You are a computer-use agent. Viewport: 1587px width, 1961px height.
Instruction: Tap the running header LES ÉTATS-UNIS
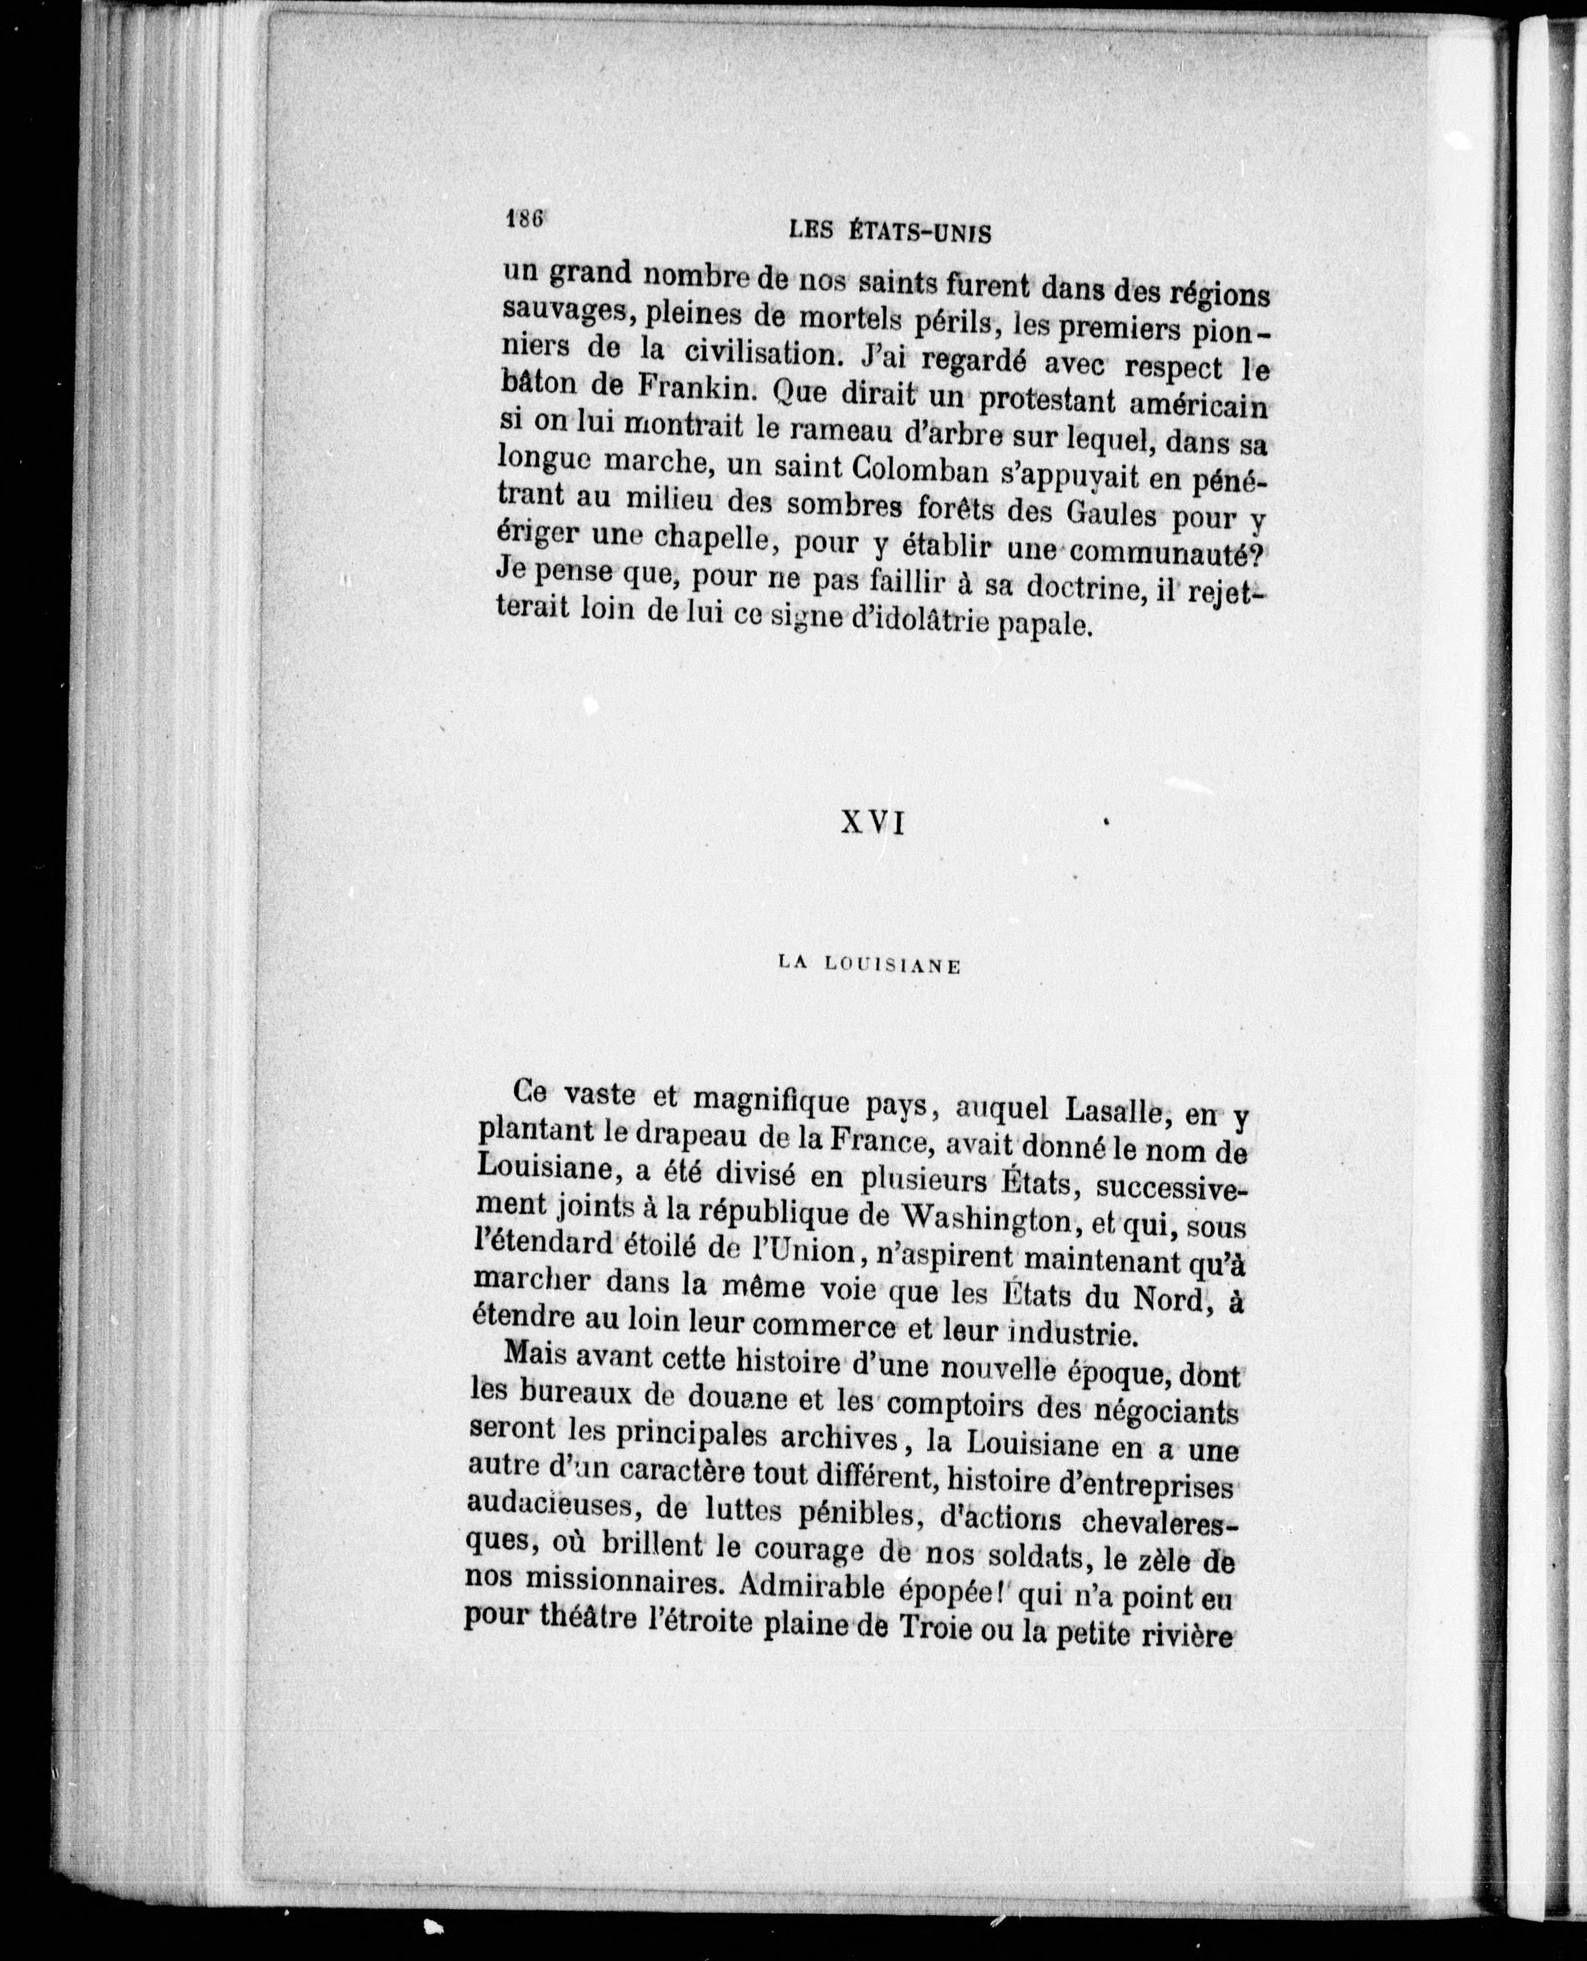click(888, 232)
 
